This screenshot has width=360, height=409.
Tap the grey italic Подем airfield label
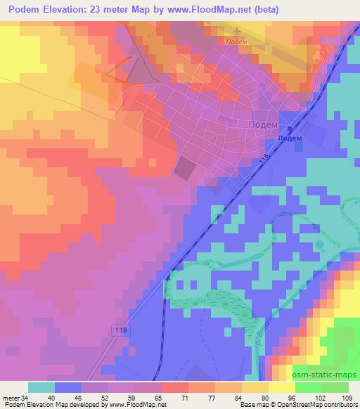coord(236,41)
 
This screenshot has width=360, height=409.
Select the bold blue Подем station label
coord(290,138)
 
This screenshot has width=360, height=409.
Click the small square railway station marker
coord(289,129)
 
